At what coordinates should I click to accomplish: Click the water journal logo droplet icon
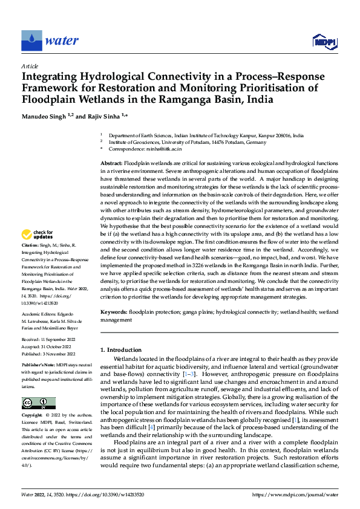[31, 40]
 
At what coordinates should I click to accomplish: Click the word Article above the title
[30, 66]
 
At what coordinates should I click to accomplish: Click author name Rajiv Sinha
[105, 115]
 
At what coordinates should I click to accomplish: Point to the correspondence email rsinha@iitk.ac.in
[163, 148]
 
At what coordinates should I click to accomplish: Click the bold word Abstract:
[111, 164]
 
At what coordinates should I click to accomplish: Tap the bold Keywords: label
[113, 311]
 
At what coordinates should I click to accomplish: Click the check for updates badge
[38, 234]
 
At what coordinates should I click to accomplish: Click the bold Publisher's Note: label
[38, 366]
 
